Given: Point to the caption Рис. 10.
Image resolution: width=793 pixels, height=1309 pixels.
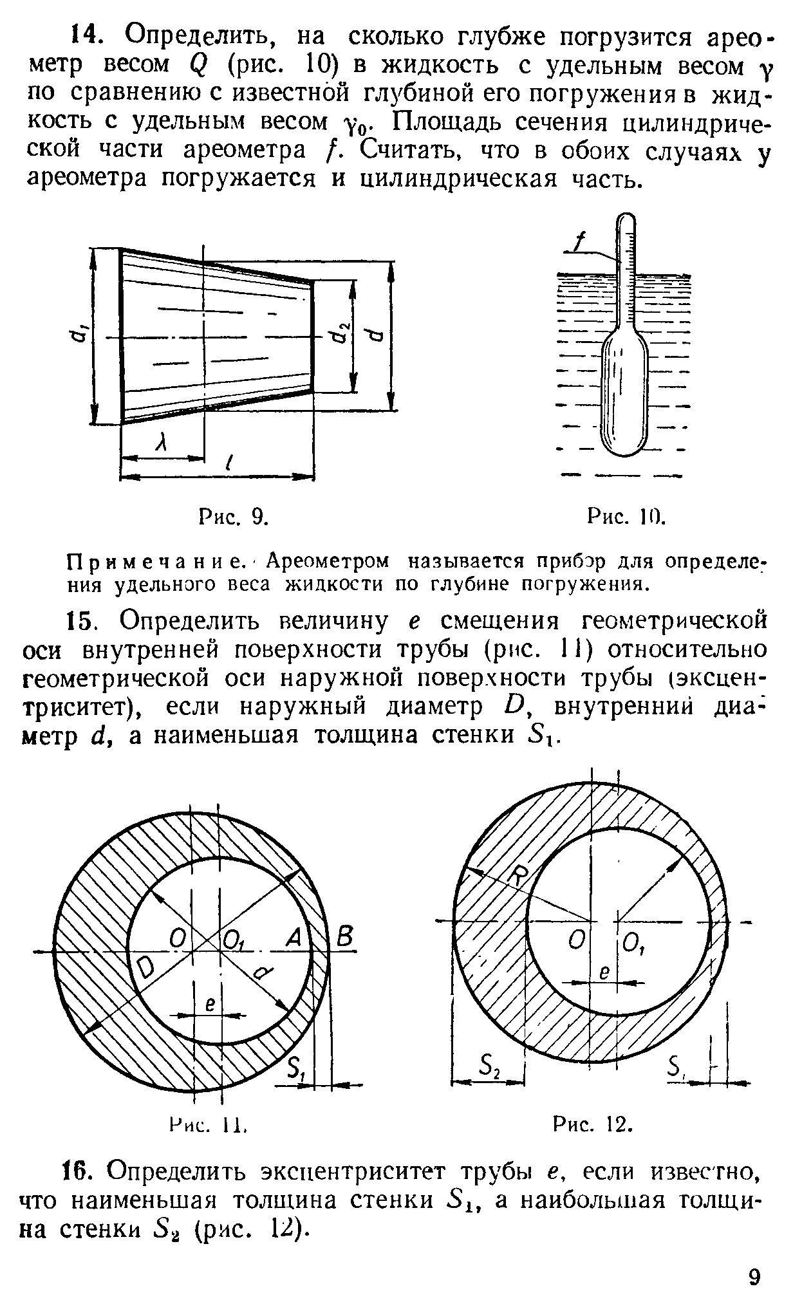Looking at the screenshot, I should (626, 516).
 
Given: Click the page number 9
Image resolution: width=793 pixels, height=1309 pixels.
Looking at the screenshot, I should (755, 1277).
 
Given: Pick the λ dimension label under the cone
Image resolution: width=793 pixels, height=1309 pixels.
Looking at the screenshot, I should (163, 442).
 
